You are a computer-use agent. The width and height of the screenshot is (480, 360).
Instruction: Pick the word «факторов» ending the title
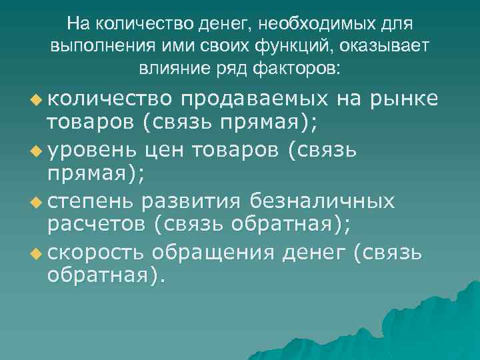click(293, 67)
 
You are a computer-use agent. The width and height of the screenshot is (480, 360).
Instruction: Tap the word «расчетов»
click(95, 225)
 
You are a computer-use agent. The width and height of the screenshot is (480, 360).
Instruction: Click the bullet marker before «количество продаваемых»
click(34, 99)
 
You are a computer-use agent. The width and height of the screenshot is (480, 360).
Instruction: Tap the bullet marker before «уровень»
click(34, 151)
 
